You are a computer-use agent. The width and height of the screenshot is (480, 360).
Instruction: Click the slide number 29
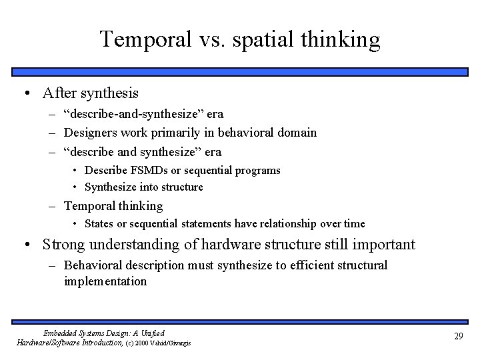tap(458, 337)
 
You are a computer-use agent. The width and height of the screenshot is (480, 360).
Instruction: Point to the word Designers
tap(91, 133)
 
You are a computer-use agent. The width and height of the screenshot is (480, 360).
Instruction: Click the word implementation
tap(105, 281)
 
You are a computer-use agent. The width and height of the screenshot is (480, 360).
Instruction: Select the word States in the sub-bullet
tap(99, 224)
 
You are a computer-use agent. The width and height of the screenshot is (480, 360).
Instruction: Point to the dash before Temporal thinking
tap(53, 206)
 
